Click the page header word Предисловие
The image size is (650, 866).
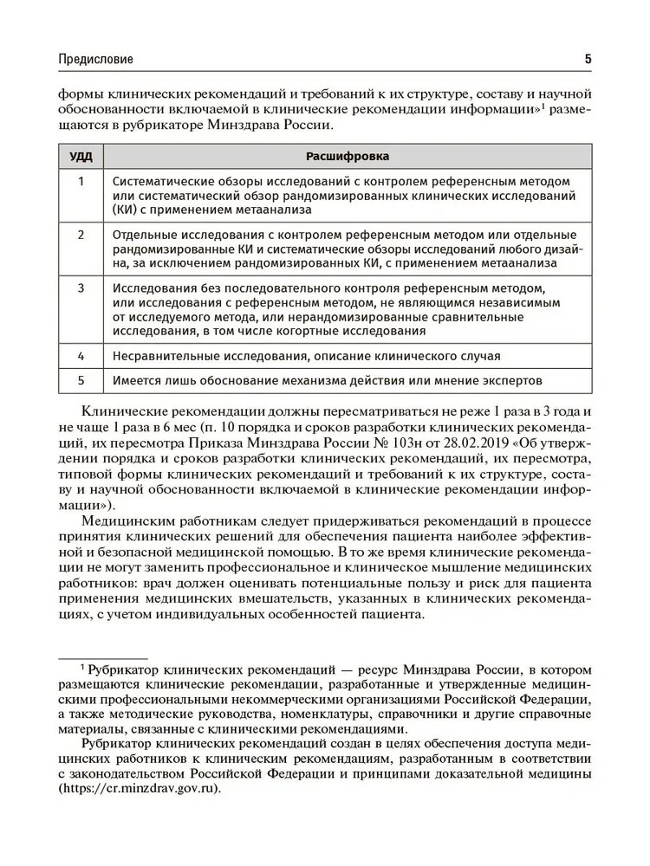tap(95, 60)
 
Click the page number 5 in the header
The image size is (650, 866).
tap(588, 60)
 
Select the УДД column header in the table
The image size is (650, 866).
tap(81, 157)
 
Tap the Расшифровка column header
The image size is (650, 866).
tap(348, 157)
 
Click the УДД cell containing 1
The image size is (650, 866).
tap(81, 181)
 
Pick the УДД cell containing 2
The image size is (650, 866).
tap(81, 235)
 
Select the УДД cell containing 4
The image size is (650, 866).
tap(81, 355)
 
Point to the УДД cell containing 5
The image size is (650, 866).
tap(81, 380)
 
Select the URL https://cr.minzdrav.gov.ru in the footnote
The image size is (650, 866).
tap(140, 789)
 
